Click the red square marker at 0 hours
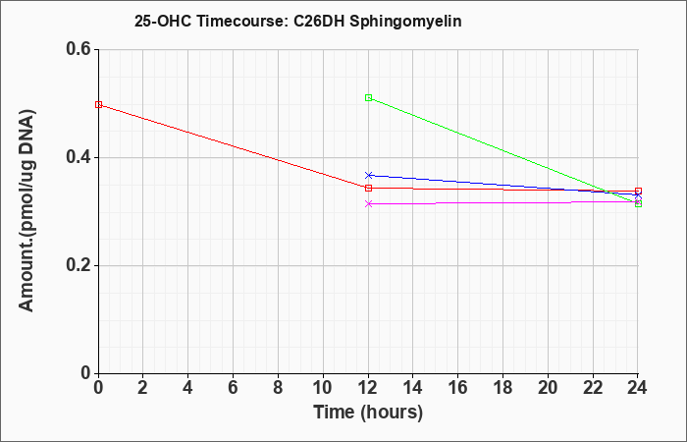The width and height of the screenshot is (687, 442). (x=98, y=105)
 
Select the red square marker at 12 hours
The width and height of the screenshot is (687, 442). (x=368, y=189)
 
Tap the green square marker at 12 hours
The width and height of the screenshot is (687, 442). (x=368, y=98)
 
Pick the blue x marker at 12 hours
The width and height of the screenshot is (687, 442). (x=368, y=176)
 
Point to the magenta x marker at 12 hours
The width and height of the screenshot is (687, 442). (x=368, y=204)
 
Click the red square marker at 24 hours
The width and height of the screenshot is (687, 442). (x=638, y=192)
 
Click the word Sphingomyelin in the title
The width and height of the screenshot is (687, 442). (x=405, y=22)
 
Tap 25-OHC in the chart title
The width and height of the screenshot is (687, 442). (x=163, y=21)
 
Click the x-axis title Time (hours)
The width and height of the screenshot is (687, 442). (x=368, y=413)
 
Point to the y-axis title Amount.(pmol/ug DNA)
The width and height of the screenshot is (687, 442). (x=27, y=210)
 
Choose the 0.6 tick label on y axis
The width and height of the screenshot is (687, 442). (x=79, y=49)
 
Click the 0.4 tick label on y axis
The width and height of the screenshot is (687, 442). (x=79, y=157)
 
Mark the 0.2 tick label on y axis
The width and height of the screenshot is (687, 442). (x=79, y=265)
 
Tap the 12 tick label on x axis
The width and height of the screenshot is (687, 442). (x=368, y=388)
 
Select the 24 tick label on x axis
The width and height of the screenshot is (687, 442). (x=637, y=388)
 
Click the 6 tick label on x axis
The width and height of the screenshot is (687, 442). (x=234, y=388)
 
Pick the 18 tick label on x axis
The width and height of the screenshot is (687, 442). (x=502, y=388)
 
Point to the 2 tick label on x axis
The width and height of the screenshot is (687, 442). (x=143, y=388)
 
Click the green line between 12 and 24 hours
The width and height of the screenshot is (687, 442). (x=503, y=151)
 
